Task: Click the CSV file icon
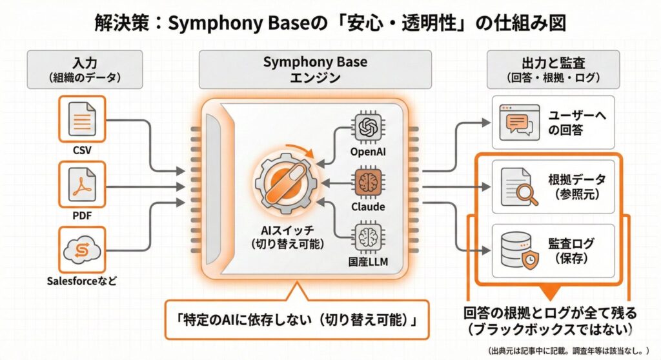click(82, 119)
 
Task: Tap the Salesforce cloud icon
click(82, 249)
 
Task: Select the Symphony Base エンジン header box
click(315, 70)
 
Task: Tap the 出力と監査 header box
click(553, 70)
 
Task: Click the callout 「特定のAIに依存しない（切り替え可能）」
click(296, 319)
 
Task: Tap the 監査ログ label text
click(571, 244)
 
